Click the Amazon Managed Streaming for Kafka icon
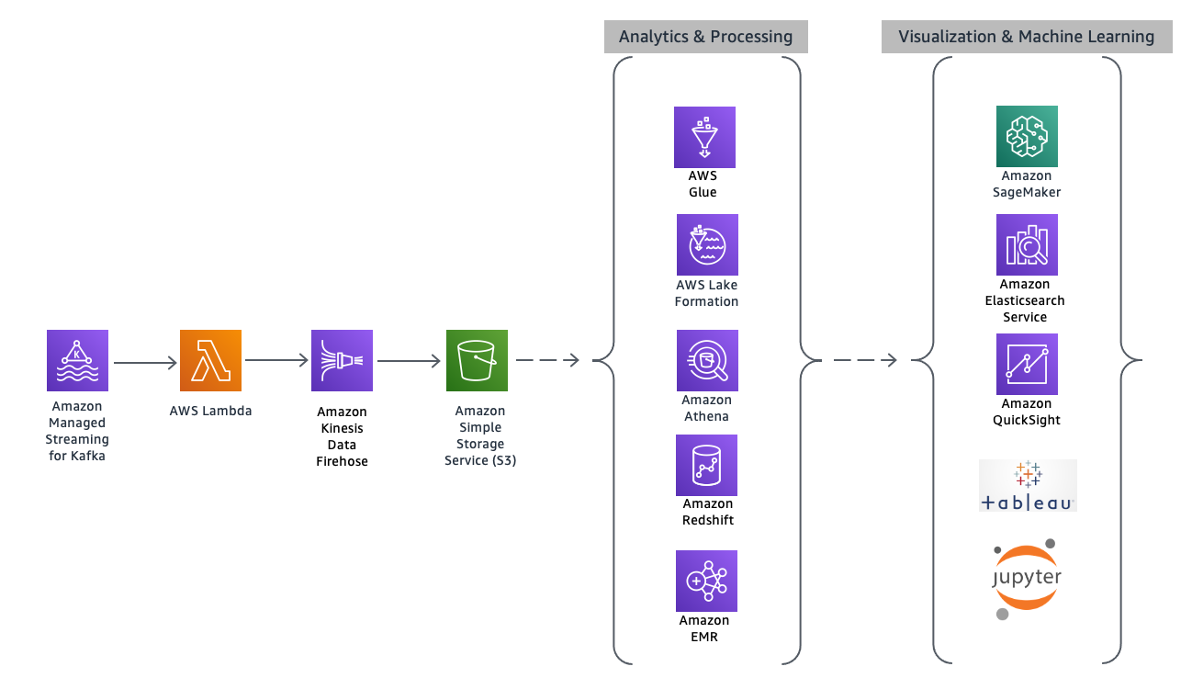[77, 361]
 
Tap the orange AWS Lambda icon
[211, 361]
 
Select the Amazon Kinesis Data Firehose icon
[343, 361]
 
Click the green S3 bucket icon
[477, 361]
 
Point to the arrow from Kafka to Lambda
[144, 362]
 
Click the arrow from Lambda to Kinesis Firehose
[276, 361]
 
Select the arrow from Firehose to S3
[410, 361]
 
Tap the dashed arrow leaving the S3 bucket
[547, 361]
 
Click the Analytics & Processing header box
[705, 37]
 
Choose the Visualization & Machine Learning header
[1026, 37]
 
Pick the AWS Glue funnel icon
[704, 137]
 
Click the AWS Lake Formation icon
[707, 245]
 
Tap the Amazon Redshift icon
[706, 466]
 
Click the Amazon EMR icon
[706, 581]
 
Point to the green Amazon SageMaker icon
[1027, 136]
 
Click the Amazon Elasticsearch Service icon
[1027, 245]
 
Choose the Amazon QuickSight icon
[1027, 365]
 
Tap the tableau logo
[1027, 486]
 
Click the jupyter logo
[1027, 578]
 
